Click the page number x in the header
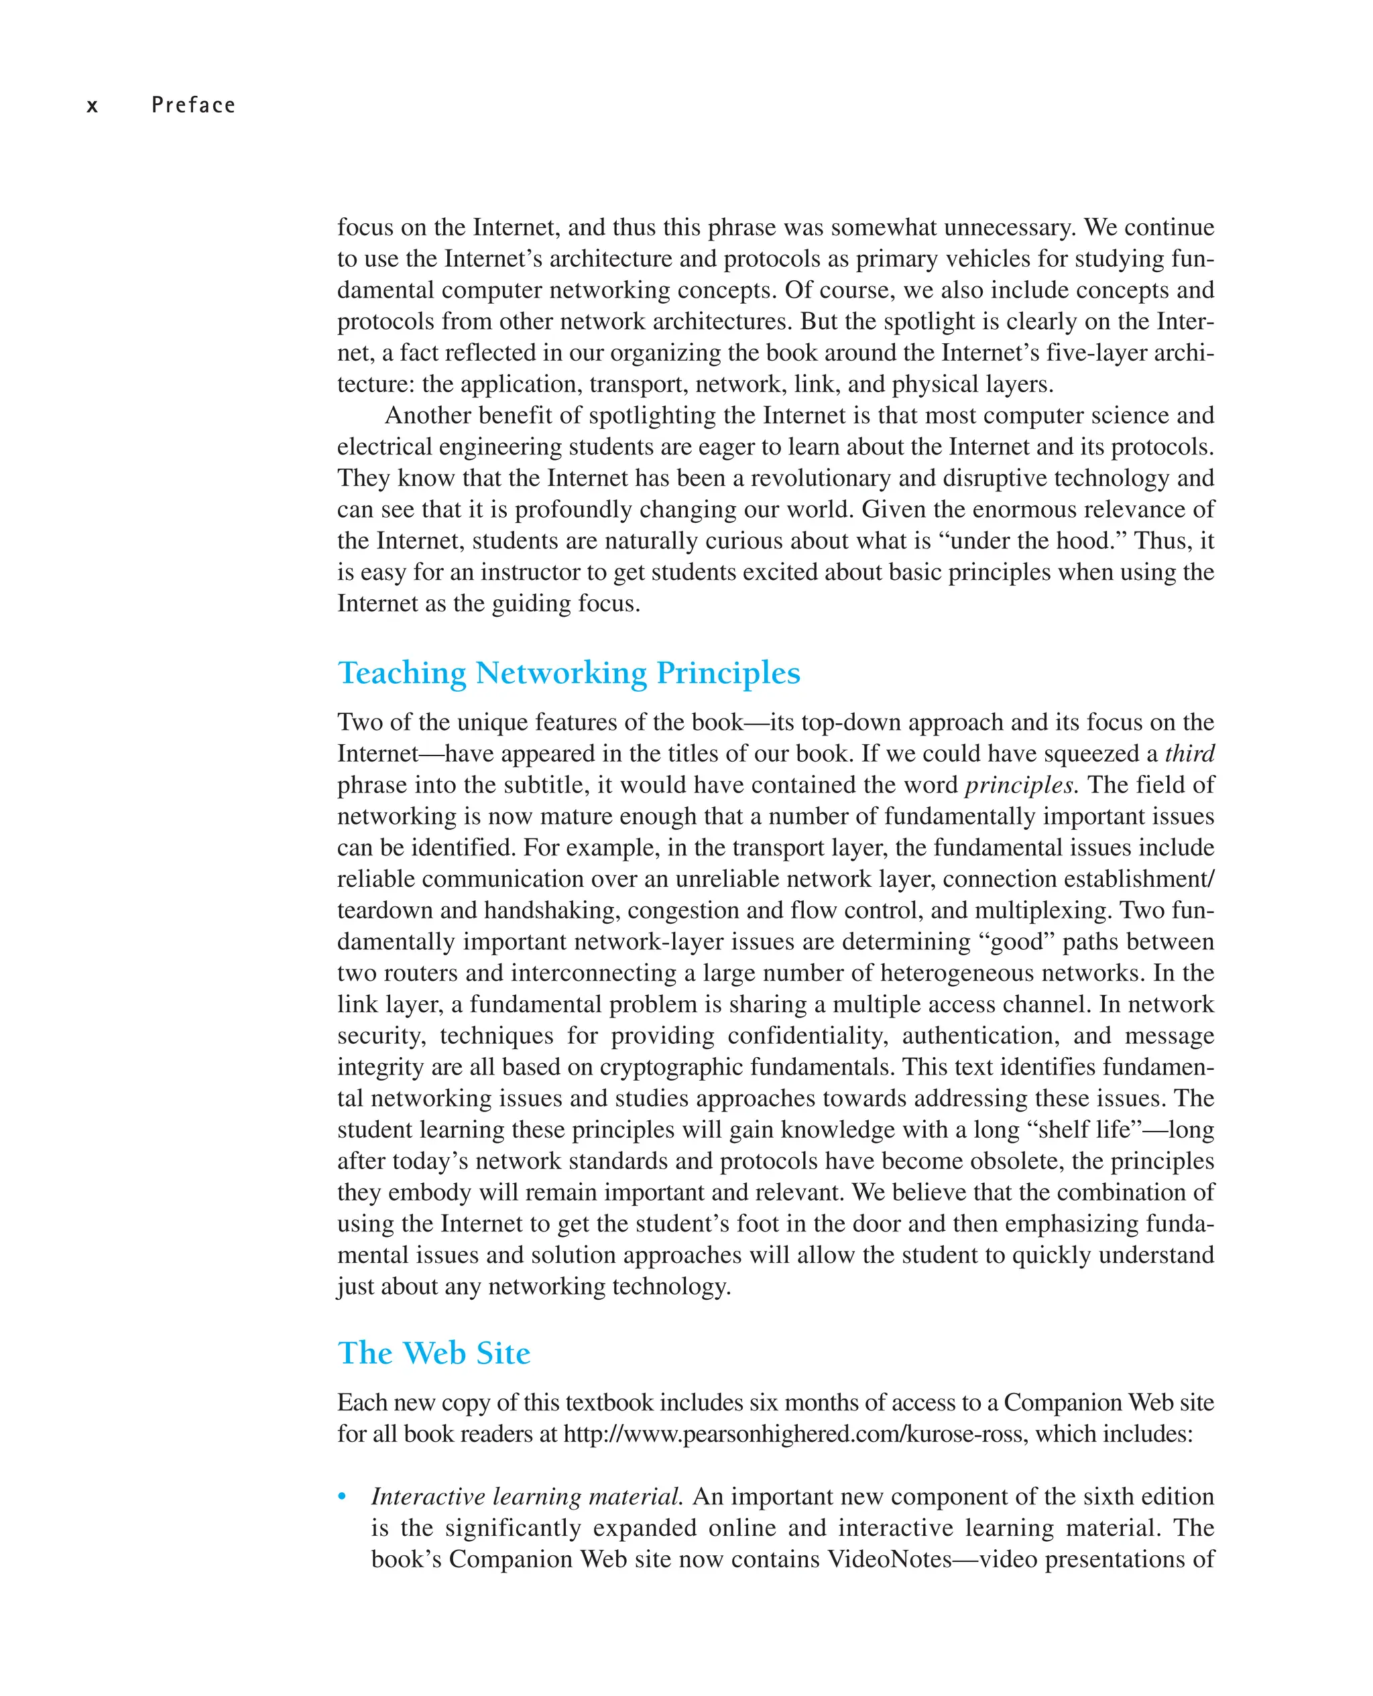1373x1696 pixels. (x=93, y=106)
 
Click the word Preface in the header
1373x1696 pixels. (x=194, y=105)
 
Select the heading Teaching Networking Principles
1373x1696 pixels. (x=569, y=673)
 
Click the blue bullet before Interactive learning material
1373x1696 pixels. (x=342, y=1496)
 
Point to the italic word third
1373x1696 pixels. (x=1189, y=753)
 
